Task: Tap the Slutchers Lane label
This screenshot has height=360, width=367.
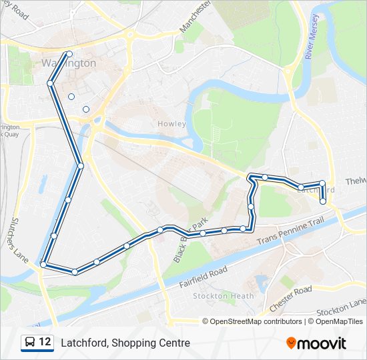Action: (18, 241)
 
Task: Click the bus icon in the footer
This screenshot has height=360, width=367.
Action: (30, 343)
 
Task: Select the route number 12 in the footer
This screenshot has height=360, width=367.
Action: (45, 342)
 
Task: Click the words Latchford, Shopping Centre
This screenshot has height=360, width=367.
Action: (125, 343)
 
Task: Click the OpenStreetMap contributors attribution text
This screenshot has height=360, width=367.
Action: (256, 321)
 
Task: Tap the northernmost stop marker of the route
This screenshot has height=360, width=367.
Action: (68, 54)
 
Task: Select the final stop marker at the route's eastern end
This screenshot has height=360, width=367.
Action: (323, 201)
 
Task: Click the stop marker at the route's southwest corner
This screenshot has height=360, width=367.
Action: (43, 265)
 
